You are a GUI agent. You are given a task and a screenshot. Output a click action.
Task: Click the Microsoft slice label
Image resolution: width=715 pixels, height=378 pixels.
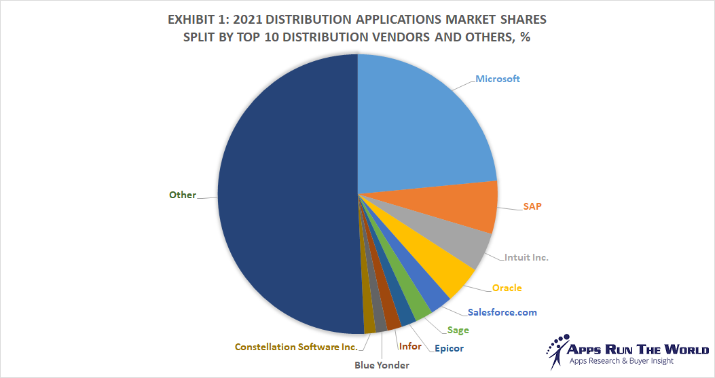[x=497, y=79]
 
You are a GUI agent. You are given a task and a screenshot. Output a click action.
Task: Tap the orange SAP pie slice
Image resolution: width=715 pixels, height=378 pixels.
[x=462, y=207]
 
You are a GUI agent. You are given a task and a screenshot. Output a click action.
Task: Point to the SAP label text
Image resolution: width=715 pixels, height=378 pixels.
[x=532, y=205]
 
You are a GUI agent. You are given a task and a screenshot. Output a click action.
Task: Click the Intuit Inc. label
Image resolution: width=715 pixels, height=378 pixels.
[x=526, y=257]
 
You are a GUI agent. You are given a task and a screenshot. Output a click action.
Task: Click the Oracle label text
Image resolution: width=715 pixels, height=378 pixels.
[x=507, y=288]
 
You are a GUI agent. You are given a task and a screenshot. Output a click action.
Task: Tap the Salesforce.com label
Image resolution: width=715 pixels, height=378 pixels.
[x=502, y=312]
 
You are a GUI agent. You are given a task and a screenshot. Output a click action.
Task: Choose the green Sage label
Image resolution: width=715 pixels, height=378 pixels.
[x=458, y=330]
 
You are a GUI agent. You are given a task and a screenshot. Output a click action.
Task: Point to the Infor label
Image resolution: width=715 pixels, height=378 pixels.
[x=410, y=346]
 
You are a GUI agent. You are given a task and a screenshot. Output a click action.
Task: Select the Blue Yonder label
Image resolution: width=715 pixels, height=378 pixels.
[x=382, y=365]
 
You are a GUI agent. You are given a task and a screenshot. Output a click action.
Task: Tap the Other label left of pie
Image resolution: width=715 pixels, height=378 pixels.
[x=182, y=195]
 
